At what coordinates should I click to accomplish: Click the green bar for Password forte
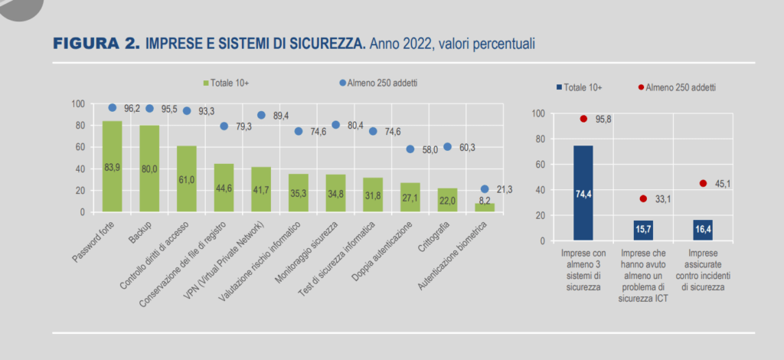pos(112,166)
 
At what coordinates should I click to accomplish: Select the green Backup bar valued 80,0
pos(149,169)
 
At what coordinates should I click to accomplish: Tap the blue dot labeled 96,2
pos(112,108)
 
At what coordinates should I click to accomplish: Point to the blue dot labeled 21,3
pos(485,188)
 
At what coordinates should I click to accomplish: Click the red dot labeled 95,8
pos(583,119)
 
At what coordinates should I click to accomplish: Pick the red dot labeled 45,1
pos(703,183)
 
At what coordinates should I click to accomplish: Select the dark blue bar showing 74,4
pos(583,193)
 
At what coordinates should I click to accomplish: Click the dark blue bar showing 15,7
pos(643,231)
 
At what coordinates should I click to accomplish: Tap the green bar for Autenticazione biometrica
pos(485,207)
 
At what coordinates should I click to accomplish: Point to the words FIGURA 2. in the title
pos(96,44)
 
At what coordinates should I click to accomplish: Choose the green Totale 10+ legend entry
pos(227,83)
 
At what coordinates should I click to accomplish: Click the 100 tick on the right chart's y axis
pos(538,113)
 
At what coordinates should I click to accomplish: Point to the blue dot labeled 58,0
pos(410,149)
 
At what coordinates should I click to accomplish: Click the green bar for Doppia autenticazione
pos(410,197)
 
